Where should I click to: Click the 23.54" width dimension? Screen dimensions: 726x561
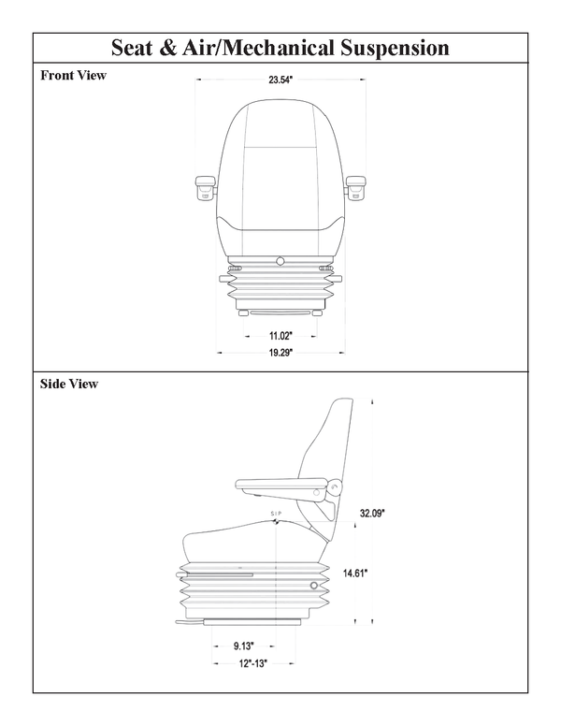click(280, 80)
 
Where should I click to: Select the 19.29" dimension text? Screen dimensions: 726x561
click(280, 353)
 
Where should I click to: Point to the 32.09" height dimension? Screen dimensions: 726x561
click(373, 513)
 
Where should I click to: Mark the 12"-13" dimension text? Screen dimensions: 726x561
click(253, 663)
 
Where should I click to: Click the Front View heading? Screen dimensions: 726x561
click(73, 76)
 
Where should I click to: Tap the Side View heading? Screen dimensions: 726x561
click(69, 384)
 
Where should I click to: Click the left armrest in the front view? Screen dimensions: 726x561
click(207, 186)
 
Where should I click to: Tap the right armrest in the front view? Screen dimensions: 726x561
click(354, 186)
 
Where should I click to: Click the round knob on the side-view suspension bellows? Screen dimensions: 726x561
click(312, 586)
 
